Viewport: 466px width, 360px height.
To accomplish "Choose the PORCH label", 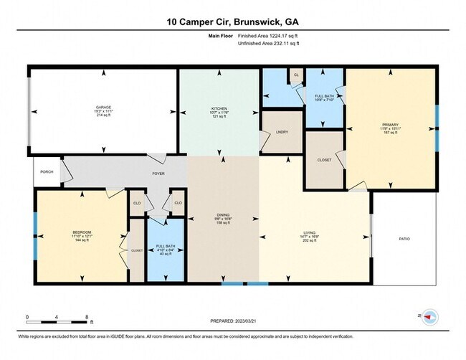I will click(47, 171).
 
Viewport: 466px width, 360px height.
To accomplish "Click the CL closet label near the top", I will click(296, 75).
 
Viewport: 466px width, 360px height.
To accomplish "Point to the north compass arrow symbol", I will click(429, 316).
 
